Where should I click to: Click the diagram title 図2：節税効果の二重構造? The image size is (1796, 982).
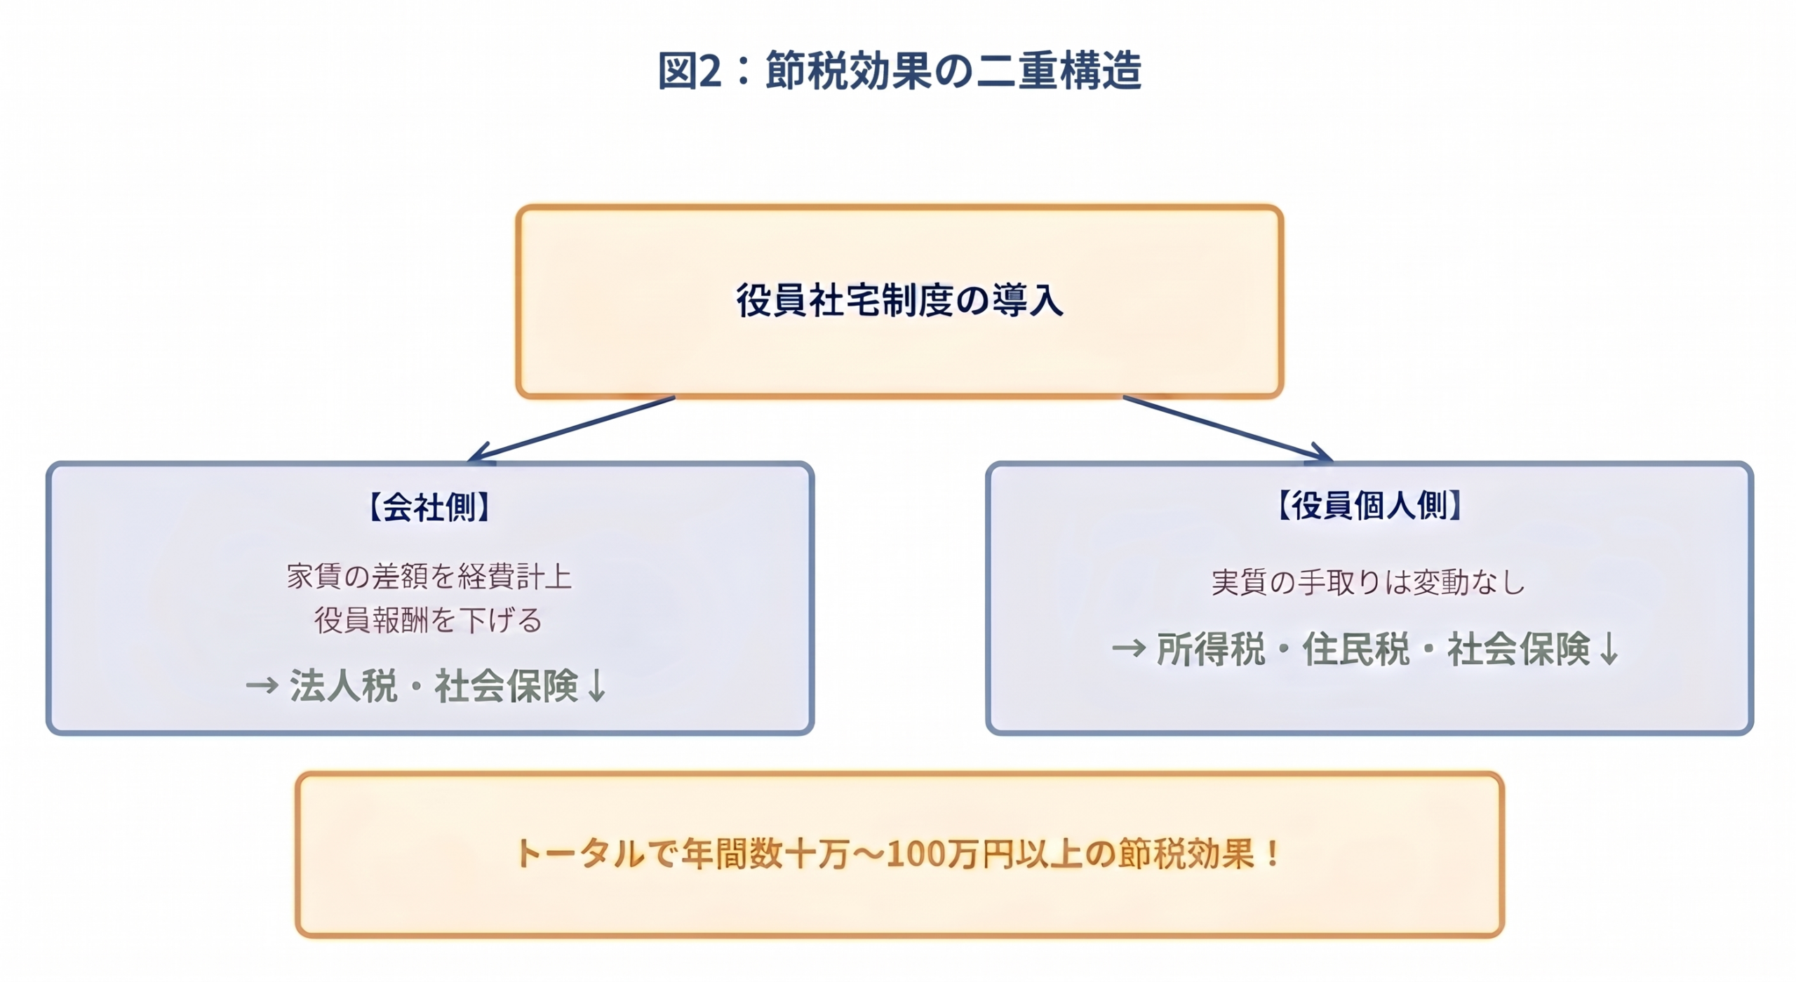click(x=899, y=71)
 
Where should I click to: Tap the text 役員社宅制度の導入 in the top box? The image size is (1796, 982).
click(x=899, y=300)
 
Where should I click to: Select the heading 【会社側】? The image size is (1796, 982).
click(x=429, y=506)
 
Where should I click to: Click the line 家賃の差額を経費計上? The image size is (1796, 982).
click(x=429, y=577)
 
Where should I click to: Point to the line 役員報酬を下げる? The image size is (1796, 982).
click(x=429, y=620)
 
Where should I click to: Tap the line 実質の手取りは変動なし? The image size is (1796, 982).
click(x=1368, y=582)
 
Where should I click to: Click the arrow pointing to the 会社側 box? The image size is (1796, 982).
click(x=572, y=429)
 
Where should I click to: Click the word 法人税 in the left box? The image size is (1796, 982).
click(x=343, y=685)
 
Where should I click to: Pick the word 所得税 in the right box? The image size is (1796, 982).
click(x=1210, y=649)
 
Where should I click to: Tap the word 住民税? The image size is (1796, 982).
click(x=1355, y=649)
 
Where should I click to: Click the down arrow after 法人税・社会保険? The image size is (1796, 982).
click(x=596, y=685)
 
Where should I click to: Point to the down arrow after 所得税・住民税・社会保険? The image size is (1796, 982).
click(x=1609, y=649)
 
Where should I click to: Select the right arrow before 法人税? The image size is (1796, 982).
click(x=262, y=685)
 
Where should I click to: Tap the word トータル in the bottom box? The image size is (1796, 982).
click(x=579, y=854)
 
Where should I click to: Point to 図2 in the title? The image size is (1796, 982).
click(x=689, y=71)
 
